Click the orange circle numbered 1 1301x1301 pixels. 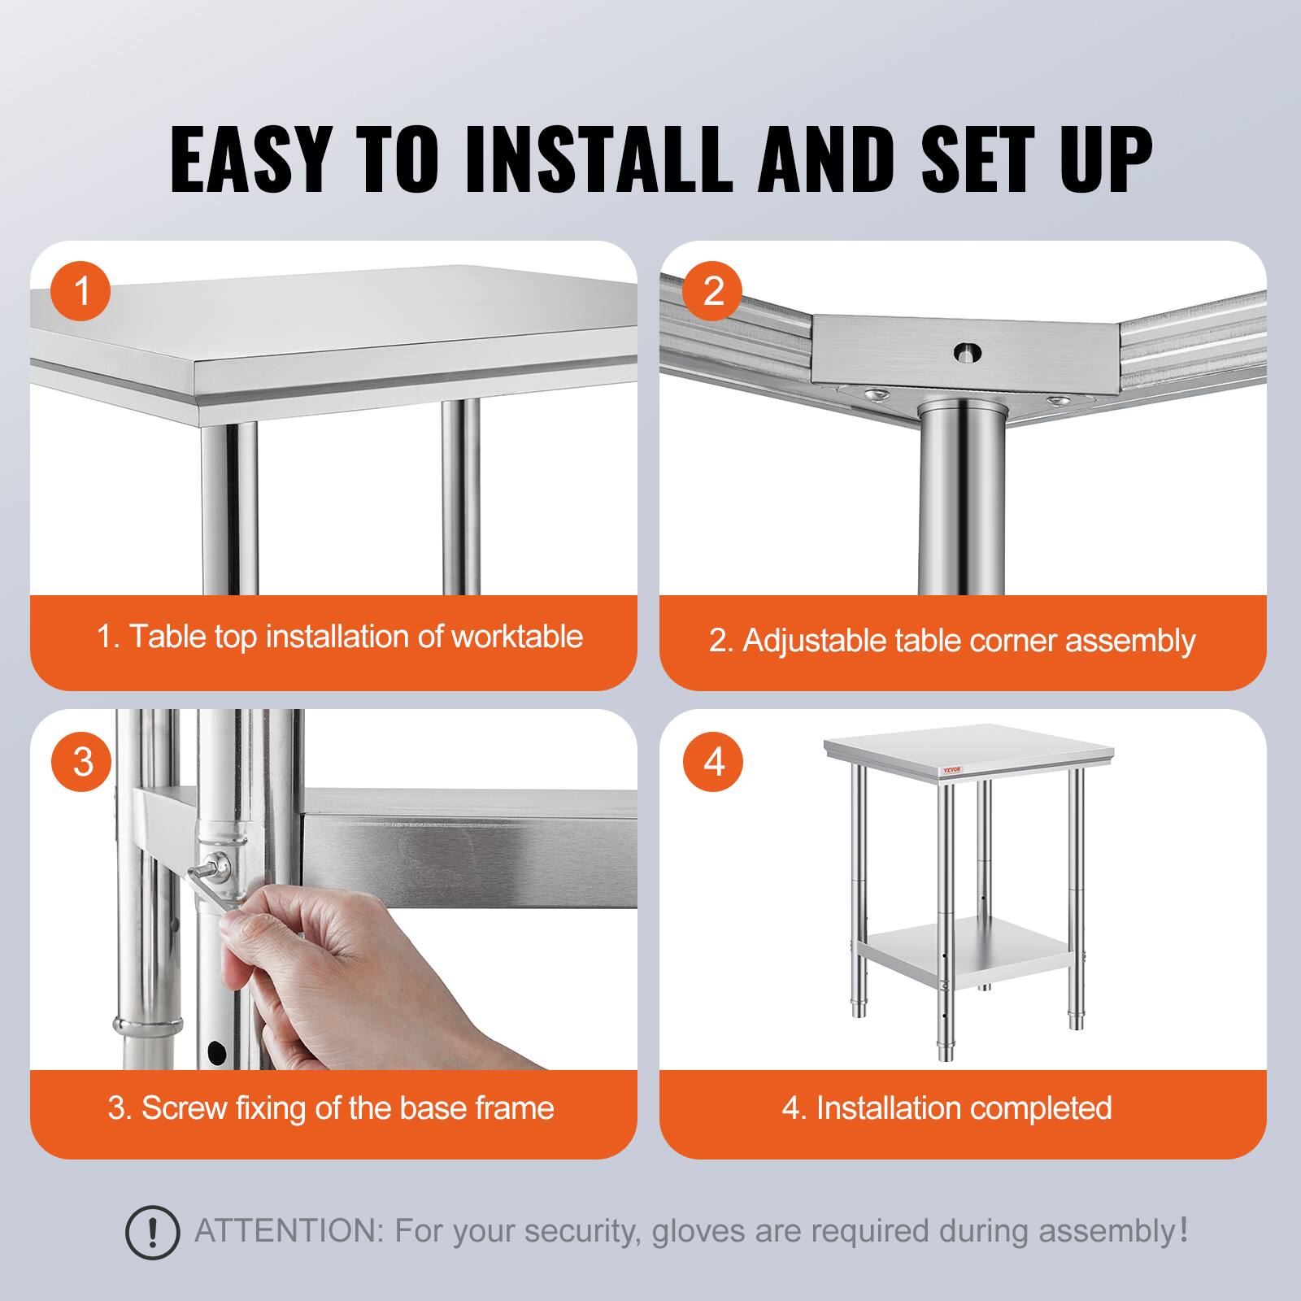pos(81,290)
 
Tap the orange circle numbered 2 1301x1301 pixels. pos(712,290)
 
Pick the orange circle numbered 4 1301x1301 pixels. pos(714,762)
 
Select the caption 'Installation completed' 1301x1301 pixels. pos(964,1108)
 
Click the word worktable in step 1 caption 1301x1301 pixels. pos(517,636)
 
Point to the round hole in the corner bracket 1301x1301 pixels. pos(968,353)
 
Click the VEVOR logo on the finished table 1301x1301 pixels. pos(951,770)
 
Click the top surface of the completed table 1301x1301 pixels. pos(968,744)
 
